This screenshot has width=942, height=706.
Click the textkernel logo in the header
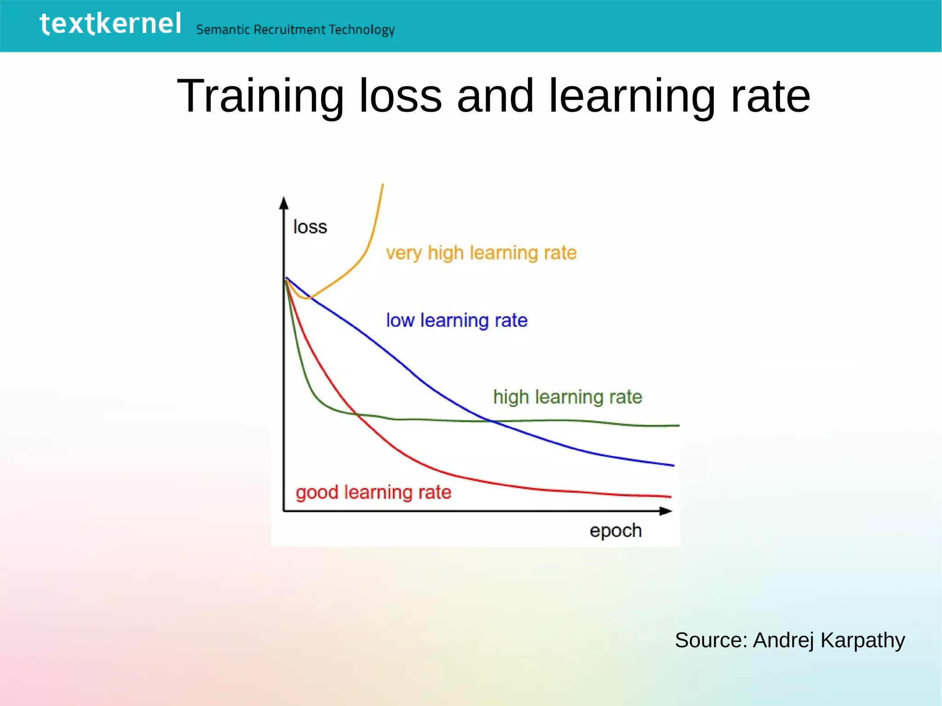click(110, 24)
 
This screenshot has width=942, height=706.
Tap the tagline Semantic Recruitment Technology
click(295, 30)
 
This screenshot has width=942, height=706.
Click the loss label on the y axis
click(310, 227)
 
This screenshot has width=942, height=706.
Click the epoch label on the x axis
click(615, 530)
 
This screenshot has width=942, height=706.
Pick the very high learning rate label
click(481, 253)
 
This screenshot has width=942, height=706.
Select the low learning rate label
click(456, 320)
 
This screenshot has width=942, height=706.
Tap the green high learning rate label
click(567, 396)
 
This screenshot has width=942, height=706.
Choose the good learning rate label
click(373, 492)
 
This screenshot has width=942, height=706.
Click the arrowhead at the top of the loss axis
click(284, 202)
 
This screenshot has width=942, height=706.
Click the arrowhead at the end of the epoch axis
click(666, 511)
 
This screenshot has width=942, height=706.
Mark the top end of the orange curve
click(383, 185)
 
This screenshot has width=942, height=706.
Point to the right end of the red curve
click(670, 497)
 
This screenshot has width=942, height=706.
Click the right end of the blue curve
click(673, 465)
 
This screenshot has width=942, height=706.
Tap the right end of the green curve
click(678, 425)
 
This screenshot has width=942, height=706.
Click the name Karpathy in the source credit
click(862, 640)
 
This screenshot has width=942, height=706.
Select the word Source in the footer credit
click(711, 640)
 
